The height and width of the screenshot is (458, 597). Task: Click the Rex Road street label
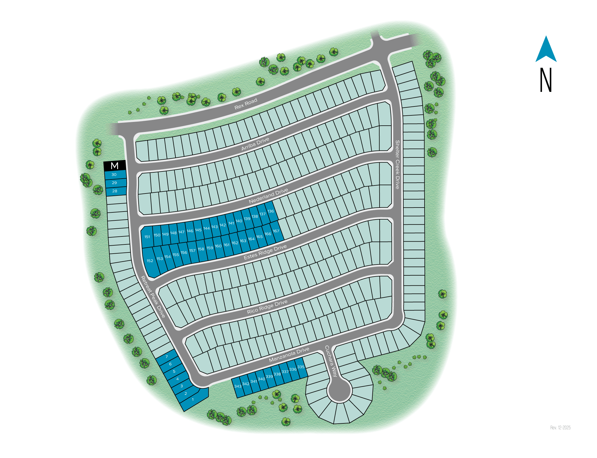pyautogui.click(x=246, y=104)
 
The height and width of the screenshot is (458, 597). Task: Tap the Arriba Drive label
pyautogui.click(x=255, y=144)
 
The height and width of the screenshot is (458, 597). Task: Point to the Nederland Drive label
pyautogui.click(x=268, y=196)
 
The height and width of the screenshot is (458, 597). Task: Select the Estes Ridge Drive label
pyautogui.click(x=265, y=252)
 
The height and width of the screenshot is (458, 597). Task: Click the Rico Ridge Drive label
pyautogui.click(x=267, y=307)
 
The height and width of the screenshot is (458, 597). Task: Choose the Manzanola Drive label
pyautogui.click(x=289, y=355)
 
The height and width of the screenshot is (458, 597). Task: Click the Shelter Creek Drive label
pyautogui.click(x=397, y=165)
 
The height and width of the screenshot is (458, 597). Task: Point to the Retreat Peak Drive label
pyautogui.click(x=153, y=297)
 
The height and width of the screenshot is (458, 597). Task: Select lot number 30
pyautogui.click(x=114, y=175)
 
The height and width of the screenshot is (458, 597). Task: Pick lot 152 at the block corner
pyautogui.click(x=150, y=261)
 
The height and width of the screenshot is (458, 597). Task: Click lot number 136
pyautogui.click(x=271, y=211)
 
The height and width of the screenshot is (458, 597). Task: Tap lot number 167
pyautogui.click(x=276, y=231)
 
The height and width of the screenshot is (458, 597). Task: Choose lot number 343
pyautogui.click(x=238, y=386)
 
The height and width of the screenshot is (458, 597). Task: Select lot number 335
pyautogui.click(x=301, y=367)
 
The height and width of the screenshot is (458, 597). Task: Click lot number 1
pyautogui.click(x=193, y=400)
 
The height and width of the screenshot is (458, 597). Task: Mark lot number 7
pyautogui.click(x=167, y=357)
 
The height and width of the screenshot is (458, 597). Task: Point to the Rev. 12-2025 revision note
pyautogui.click(x=560, y=428)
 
